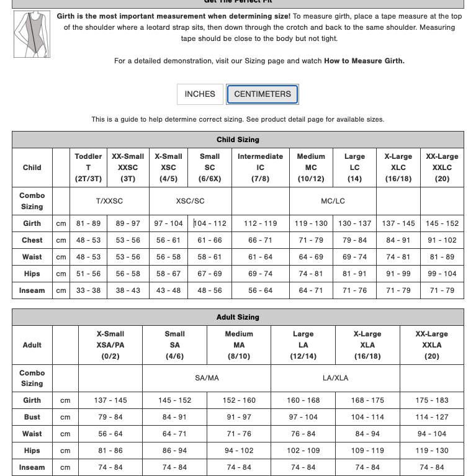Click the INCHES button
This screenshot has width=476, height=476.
(x=200, y=94)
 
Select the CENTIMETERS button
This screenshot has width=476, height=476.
(x=263, y=94)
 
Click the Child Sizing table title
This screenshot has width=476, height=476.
(x=238, y=140)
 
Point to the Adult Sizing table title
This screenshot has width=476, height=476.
(x=238, y=317)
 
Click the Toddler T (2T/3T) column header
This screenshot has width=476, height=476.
(x=88, y=168)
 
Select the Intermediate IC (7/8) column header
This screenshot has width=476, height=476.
(x=260, y=168)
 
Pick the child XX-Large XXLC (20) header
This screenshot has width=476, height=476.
(x=442, y=168)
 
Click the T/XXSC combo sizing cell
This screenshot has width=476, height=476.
(x=109, y=201)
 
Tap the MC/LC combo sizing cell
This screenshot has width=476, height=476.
(x=333, y=201)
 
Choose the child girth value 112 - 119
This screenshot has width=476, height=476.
(x=260, y=223)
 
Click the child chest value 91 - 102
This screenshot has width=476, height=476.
(x=442, y=240)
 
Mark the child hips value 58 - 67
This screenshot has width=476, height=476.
(x=168, y=274)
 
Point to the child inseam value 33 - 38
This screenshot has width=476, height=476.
(x=88, y=290)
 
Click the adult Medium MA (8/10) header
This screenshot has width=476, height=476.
(x=239, y=345)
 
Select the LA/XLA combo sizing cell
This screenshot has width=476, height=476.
(x=335, y=378)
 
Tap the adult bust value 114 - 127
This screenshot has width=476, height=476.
(x=431, y=417)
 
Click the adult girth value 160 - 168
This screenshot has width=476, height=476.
(x=303, y=400)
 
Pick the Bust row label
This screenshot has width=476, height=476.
(x=32, y=417)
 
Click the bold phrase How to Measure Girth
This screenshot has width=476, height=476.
(x=364, y=61)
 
